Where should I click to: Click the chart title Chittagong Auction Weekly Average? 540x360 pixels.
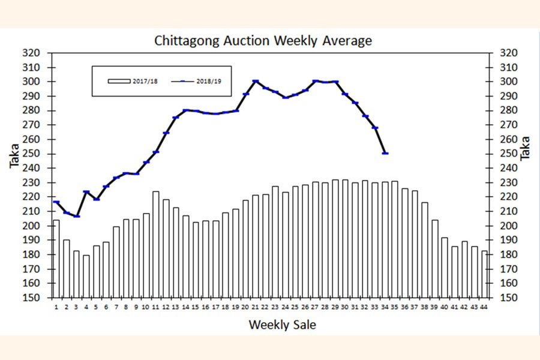click(263, 41)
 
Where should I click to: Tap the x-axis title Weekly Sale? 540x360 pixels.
click(282, 325)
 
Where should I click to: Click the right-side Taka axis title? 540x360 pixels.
click(526, 148)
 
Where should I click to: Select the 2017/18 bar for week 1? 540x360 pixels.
click(56, 258)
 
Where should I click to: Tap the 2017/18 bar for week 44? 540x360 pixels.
click(484, 274)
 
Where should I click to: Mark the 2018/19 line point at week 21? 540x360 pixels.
click(256, 81)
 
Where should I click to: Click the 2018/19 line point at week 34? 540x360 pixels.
click(385, 153)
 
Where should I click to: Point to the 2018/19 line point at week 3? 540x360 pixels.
click(76, 216)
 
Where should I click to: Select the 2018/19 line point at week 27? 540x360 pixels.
click(315, 81)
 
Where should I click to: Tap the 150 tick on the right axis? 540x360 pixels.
click(508, 298)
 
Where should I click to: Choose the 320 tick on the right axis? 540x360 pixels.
click(508, 53)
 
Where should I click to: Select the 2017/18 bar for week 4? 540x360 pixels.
click(86, 276)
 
